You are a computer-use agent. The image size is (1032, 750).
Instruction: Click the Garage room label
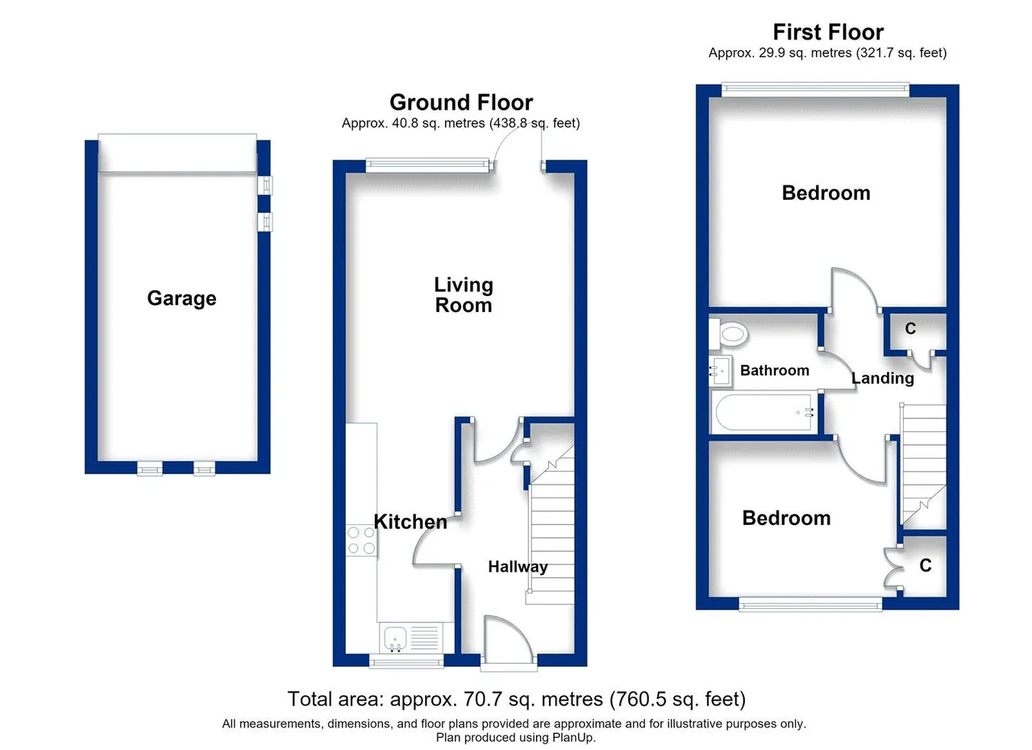[x=181, y=298]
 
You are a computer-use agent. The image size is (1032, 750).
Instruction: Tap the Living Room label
[x=464, y=295]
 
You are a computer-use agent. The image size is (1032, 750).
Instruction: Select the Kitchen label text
[x=410, y=522]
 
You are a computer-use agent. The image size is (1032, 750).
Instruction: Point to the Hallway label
[x=518, y=567]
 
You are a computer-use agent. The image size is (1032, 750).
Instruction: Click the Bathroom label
[x=775, y=370]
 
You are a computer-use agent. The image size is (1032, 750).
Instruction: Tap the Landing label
[x=882, y=378]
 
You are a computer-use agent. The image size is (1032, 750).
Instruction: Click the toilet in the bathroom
[x=728, y=333]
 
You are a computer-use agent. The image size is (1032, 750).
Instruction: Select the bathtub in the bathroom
[x=764, y=412]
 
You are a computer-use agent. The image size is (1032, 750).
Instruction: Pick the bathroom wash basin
[x=721, y=371]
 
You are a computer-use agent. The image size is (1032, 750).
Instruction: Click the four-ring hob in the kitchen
[x=361, y=541]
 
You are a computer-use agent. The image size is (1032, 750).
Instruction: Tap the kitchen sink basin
[x=395, y=637]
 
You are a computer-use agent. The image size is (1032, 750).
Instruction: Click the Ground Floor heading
[x=461, y=102]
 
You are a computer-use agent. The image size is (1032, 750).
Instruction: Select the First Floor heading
[x=828, y=32]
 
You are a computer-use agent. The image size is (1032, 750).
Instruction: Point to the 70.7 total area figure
[x=482, y=699]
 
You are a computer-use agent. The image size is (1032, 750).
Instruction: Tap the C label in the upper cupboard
[x=910, y=328]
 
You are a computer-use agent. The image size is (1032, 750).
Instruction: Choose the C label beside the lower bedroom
[x=926, y=565]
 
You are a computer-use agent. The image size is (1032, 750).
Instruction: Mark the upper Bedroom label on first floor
[x=826, y=193]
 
